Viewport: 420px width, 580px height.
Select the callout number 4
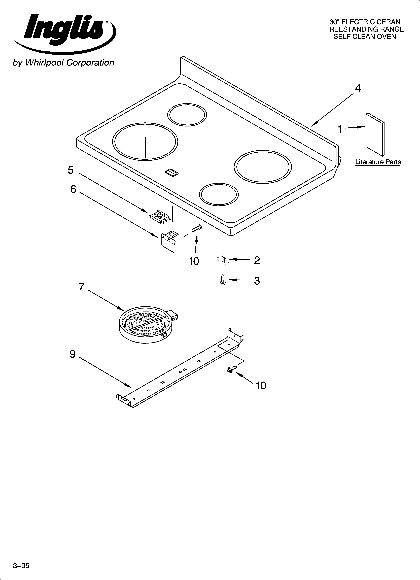point(358,88)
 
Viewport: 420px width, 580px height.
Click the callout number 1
point(340,129)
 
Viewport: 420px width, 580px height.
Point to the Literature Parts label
point(378,162)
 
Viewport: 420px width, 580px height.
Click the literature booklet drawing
point(375,134)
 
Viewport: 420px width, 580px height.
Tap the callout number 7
point(81,287)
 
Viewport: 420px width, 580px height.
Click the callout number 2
point(257,260)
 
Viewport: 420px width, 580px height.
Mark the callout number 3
point(257,281)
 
